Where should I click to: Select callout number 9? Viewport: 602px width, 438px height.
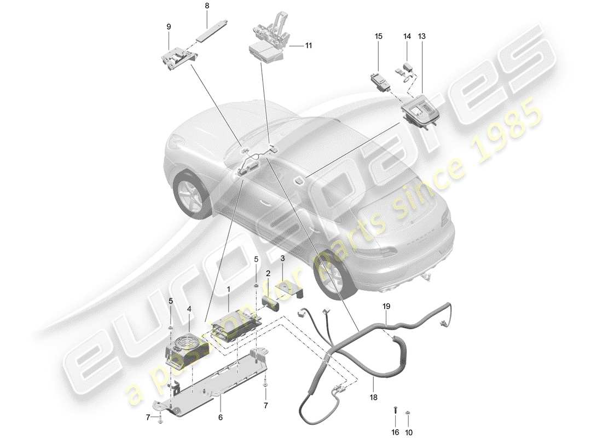(169, 26)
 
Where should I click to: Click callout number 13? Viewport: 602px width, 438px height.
(421, 36)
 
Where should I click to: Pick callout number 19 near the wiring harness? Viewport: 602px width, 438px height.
(386, 307)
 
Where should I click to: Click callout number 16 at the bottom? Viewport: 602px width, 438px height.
(395, 431)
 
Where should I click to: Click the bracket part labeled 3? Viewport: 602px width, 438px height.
(289, 288)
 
